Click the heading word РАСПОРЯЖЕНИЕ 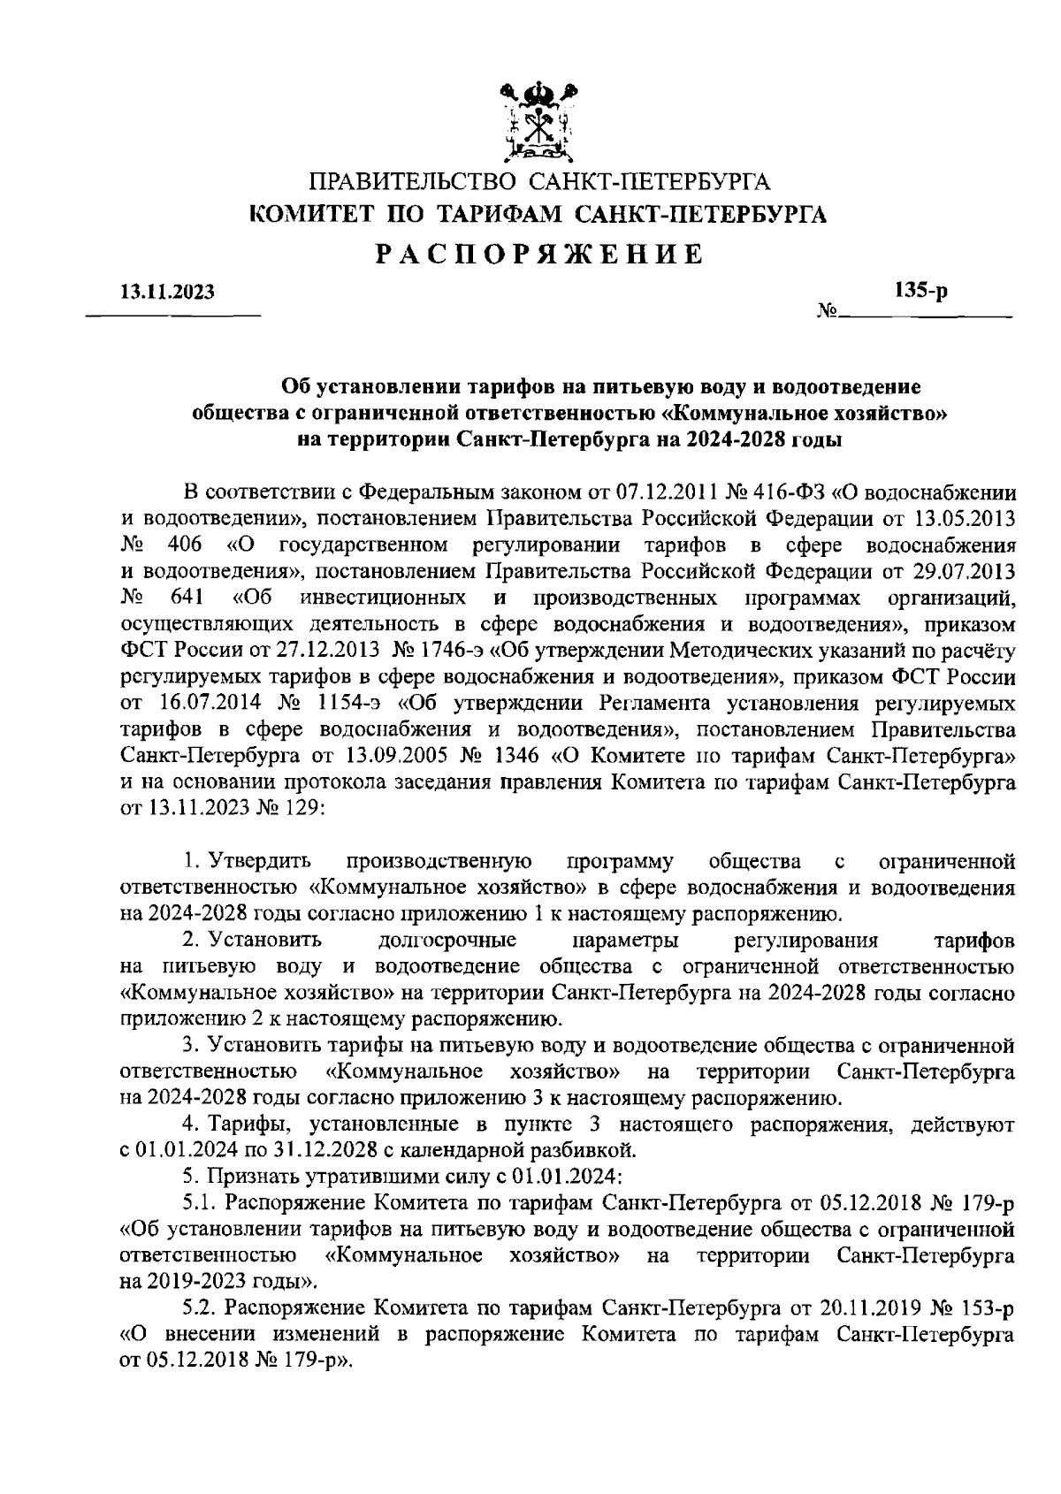coord(538,255)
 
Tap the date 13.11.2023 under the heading coord(167,293)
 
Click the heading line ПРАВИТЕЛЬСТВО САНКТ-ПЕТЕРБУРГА coord(539,183)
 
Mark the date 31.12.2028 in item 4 coord(331,1150)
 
